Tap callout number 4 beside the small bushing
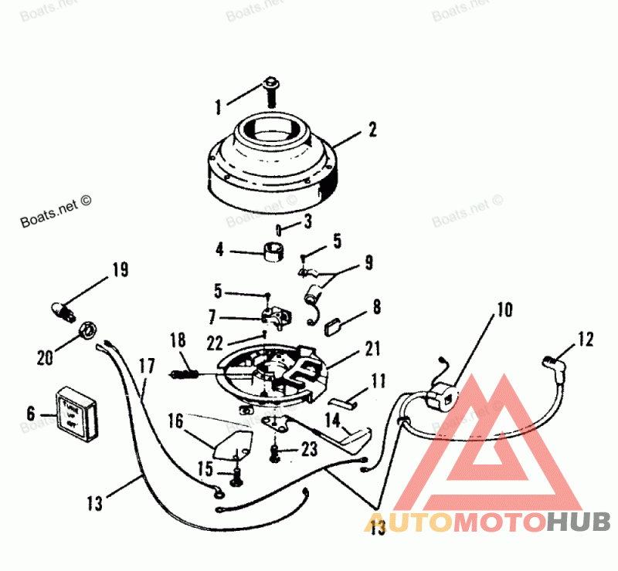[219, 250]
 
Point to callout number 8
[376, 307]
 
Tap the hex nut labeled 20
[88, 330]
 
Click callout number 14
[332, 421]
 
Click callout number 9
[368, 263]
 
